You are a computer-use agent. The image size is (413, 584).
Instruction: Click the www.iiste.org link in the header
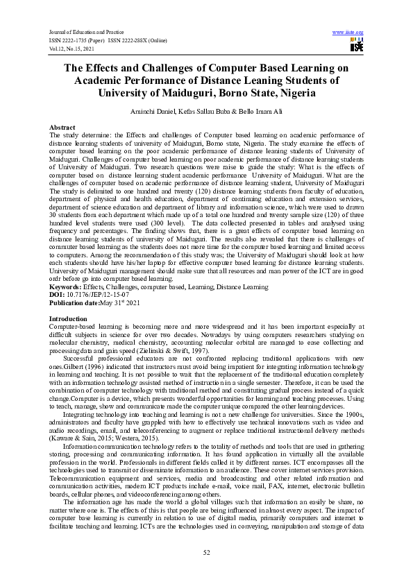click(x=348, y=33)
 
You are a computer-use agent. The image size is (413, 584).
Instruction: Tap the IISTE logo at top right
click(x=357, y=45)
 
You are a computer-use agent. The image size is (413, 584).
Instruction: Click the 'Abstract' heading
click(x=62, y=128)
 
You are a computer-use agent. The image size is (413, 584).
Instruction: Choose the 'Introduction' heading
click(x=68, y=318)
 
